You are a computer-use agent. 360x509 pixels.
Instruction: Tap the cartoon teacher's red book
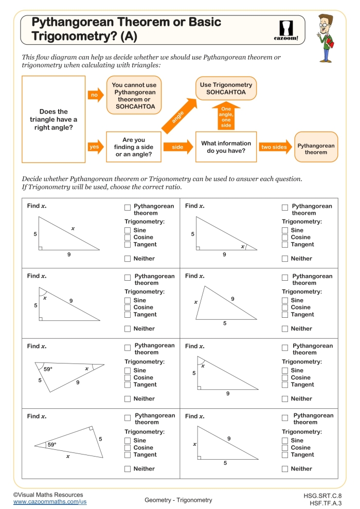tap(330, 45)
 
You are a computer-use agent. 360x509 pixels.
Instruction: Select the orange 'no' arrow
tap(95, 95)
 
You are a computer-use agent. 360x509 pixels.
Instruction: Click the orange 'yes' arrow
tap(95, 147)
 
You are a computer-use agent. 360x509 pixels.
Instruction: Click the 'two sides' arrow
tap(275, 147)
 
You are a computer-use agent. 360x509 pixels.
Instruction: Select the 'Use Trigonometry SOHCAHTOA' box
tap(226, 88)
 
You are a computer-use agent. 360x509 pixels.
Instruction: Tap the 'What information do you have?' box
tap(226, 147)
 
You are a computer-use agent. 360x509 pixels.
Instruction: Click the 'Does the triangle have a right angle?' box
tap(53, 119)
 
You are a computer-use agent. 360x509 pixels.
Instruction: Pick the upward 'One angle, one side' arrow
tap(226, 116)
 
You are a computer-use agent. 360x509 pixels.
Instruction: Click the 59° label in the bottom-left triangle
tap(51, 445)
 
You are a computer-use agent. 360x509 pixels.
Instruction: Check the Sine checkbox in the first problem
tap(128, 230)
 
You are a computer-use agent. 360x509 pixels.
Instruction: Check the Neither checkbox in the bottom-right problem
tap(285, 468)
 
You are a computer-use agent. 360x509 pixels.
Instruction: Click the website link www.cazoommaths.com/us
tap(50, 501)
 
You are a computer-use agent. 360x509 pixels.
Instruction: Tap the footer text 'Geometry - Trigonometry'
tap(178, 500)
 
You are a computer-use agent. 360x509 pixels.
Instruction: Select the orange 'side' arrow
tap(177, 147)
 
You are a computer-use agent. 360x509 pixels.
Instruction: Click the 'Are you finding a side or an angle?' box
tap(134, 147)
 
